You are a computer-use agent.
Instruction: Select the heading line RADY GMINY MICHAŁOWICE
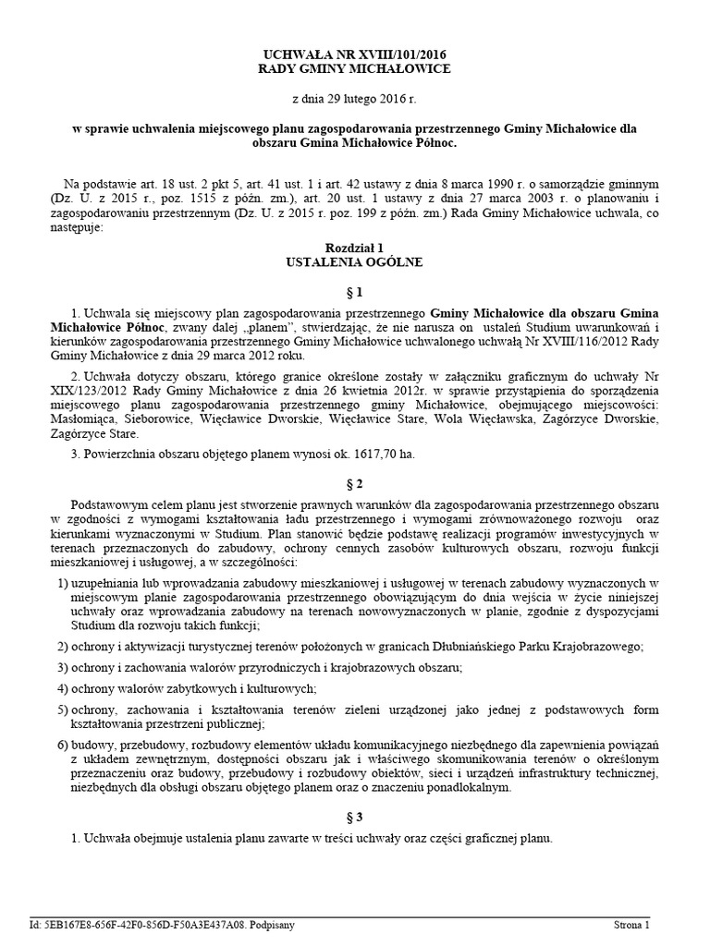[x=355, y=70]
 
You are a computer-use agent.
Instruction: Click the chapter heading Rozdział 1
[x=355, y=248]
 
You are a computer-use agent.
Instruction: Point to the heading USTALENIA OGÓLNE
[x=355, y=262]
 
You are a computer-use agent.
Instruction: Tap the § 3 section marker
[x=355, y=817]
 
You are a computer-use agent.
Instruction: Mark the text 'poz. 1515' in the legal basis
[x=189, y=199]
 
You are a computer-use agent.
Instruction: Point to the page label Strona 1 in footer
[x=633, y=923]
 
